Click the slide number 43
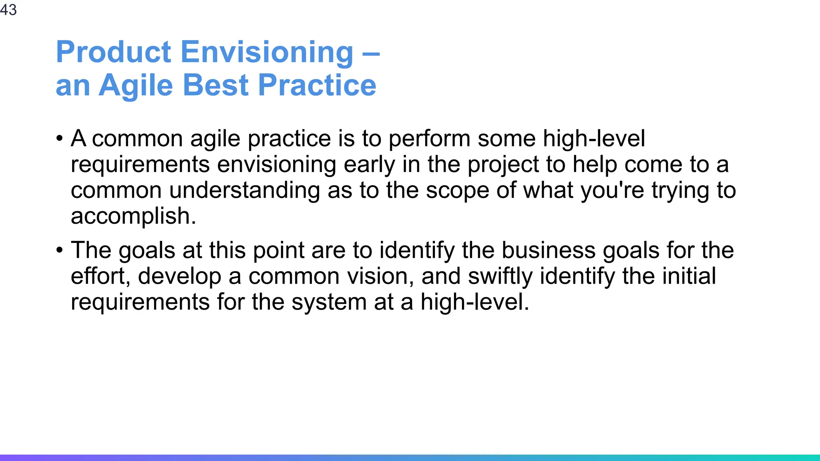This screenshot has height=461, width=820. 8,10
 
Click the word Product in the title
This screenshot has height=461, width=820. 114,52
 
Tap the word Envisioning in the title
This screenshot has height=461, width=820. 267,52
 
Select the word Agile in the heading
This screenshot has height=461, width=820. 136,85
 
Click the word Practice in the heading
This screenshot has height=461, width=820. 317,85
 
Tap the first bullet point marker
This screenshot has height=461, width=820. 60,139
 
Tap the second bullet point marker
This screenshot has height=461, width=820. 60,251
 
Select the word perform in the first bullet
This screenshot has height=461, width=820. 429,139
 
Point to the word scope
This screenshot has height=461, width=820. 457,190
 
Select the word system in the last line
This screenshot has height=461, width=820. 329,302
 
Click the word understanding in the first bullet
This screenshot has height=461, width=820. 244,190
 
